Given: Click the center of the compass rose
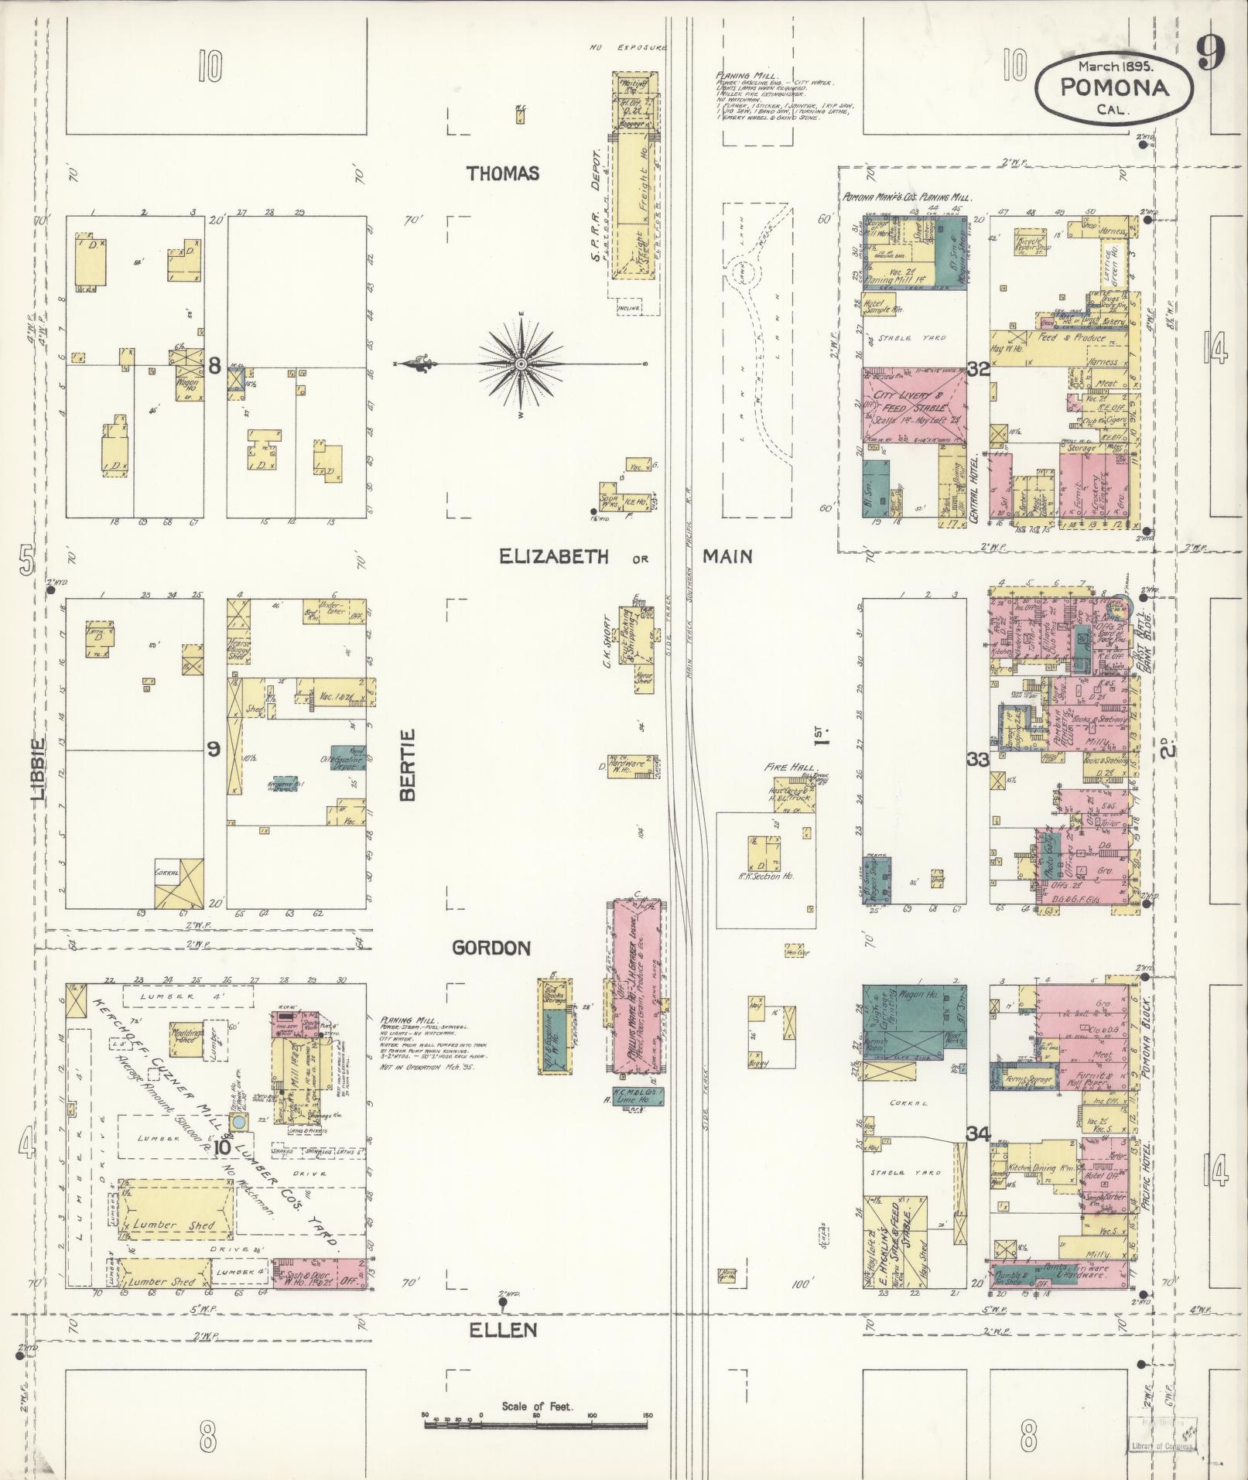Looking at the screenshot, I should [x=521, y=364].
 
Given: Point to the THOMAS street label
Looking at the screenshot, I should [x=503, y=174].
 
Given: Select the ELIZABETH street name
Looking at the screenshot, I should [x=554, y=556].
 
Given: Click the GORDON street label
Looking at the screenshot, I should [x=491, y=948].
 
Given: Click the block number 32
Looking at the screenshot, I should [x=979, y=371].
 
